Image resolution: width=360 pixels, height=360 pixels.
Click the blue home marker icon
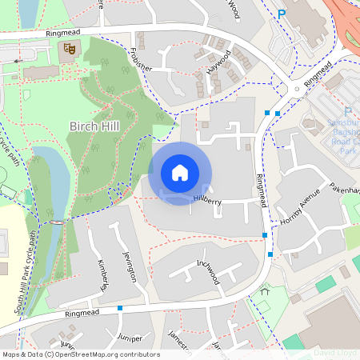click(180, 173)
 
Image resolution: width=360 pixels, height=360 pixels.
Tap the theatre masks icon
click(70, 49)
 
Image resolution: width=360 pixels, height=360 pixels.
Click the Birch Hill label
click(96, 126)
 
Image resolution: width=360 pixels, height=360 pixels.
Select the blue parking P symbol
click(281, 13)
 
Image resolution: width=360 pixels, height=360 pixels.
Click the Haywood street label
click(218, 62)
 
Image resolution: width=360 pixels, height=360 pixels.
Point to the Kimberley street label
click(102, 274)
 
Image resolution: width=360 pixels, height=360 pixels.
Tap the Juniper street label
click(128, 339)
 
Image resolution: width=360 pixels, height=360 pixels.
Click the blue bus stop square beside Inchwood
click(270, 254)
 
